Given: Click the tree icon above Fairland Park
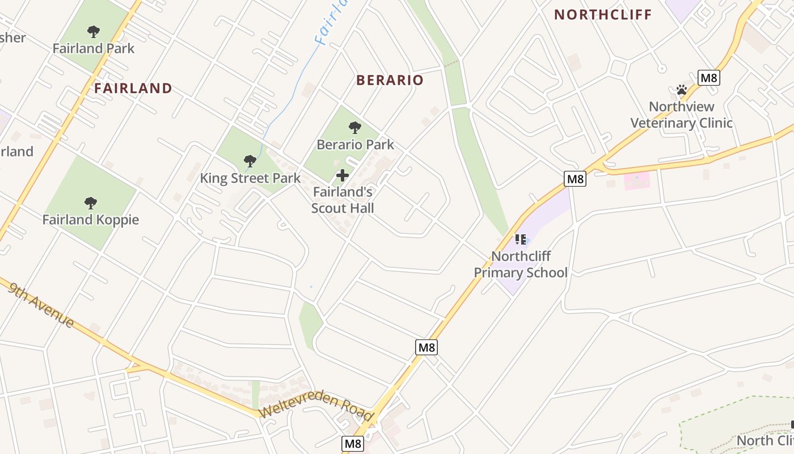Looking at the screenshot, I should click(94, 32).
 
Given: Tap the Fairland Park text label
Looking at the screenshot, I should click(94, 48).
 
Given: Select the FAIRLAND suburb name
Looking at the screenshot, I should click(133, 89).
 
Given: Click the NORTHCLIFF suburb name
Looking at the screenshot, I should click(603, 15).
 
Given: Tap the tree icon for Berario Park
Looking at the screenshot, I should click(355, 128).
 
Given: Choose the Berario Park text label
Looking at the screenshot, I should click(355, 145).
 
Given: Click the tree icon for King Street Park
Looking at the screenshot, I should click(250, 161).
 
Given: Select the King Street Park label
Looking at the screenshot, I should click(250, 178).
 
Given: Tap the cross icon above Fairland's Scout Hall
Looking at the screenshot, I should click(343, 175).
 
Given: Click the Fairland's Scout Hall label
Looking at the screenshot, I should click(343, 200).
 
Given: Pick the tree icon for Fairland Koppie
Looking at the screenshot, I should click(91, 203).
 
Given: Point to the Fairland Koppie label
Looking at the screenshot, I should click(91, 220).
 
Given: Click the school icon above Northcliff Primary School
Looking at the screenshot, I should click(521, 239).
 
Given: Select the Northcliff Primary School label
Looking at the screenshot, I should click(521, 264).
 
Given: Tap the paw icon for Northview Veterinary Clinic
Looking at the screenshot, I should click(682, 90).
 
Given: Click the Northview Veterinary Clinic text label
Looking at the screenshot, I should click(682, 115).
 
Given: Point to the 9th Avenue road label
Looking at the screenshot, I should click(41, 305).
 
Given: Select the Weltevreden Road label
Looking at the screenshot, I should click(316, 409).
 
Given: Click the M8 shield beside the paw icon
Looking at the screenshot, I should click(708, 78).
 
